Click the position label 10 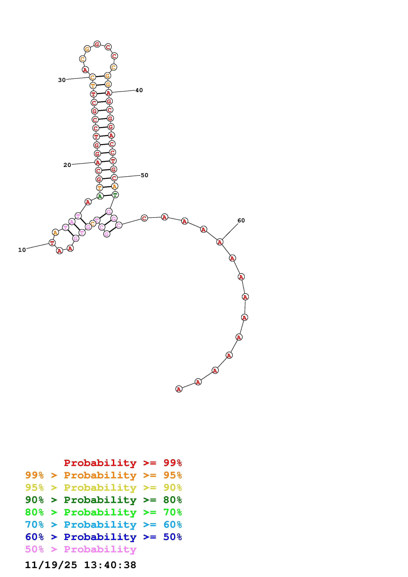(22, 250)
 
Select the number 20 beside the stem (67, 165)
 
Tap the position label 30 (62, 80)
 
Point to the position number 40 (139, 90)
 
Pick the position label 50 (144, 175)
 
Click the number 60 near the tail (241, 220)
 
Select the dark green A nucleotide (100, 196)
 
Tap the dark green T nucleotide (115, 195)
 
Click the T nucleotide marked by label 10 (52, 243)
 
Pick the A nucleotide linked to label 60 (220, 242)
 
